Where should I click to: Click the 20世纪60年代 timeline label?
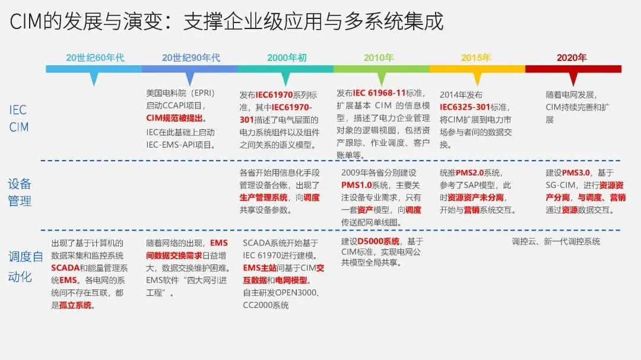tap(95, 58)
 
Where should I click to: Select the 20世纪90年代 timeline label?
tap(191, 58)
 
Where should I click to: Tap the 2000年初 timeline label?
tap(287, 58)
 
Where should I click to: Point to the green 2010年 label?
tap(379, 58)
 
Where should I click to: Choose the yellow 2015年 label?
tap(475, 58)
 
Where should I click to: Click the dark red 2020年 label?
tap(572, 58)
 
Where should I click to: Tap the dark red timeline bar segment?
tap(573, 69)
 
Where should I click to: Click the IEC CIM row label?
tap(18, 119)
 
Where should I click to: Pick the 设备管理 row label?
tap(20, 192)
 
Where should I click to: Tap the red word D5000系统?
tap(378, 241)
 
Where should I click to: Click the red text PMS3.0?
tap(576, 173)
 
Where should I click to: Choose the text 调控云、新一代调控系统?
tap(556, 241)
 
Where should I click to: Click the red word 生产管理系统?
tap(264, 197)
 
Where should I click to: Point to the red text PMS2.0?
tap(470, 173)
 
